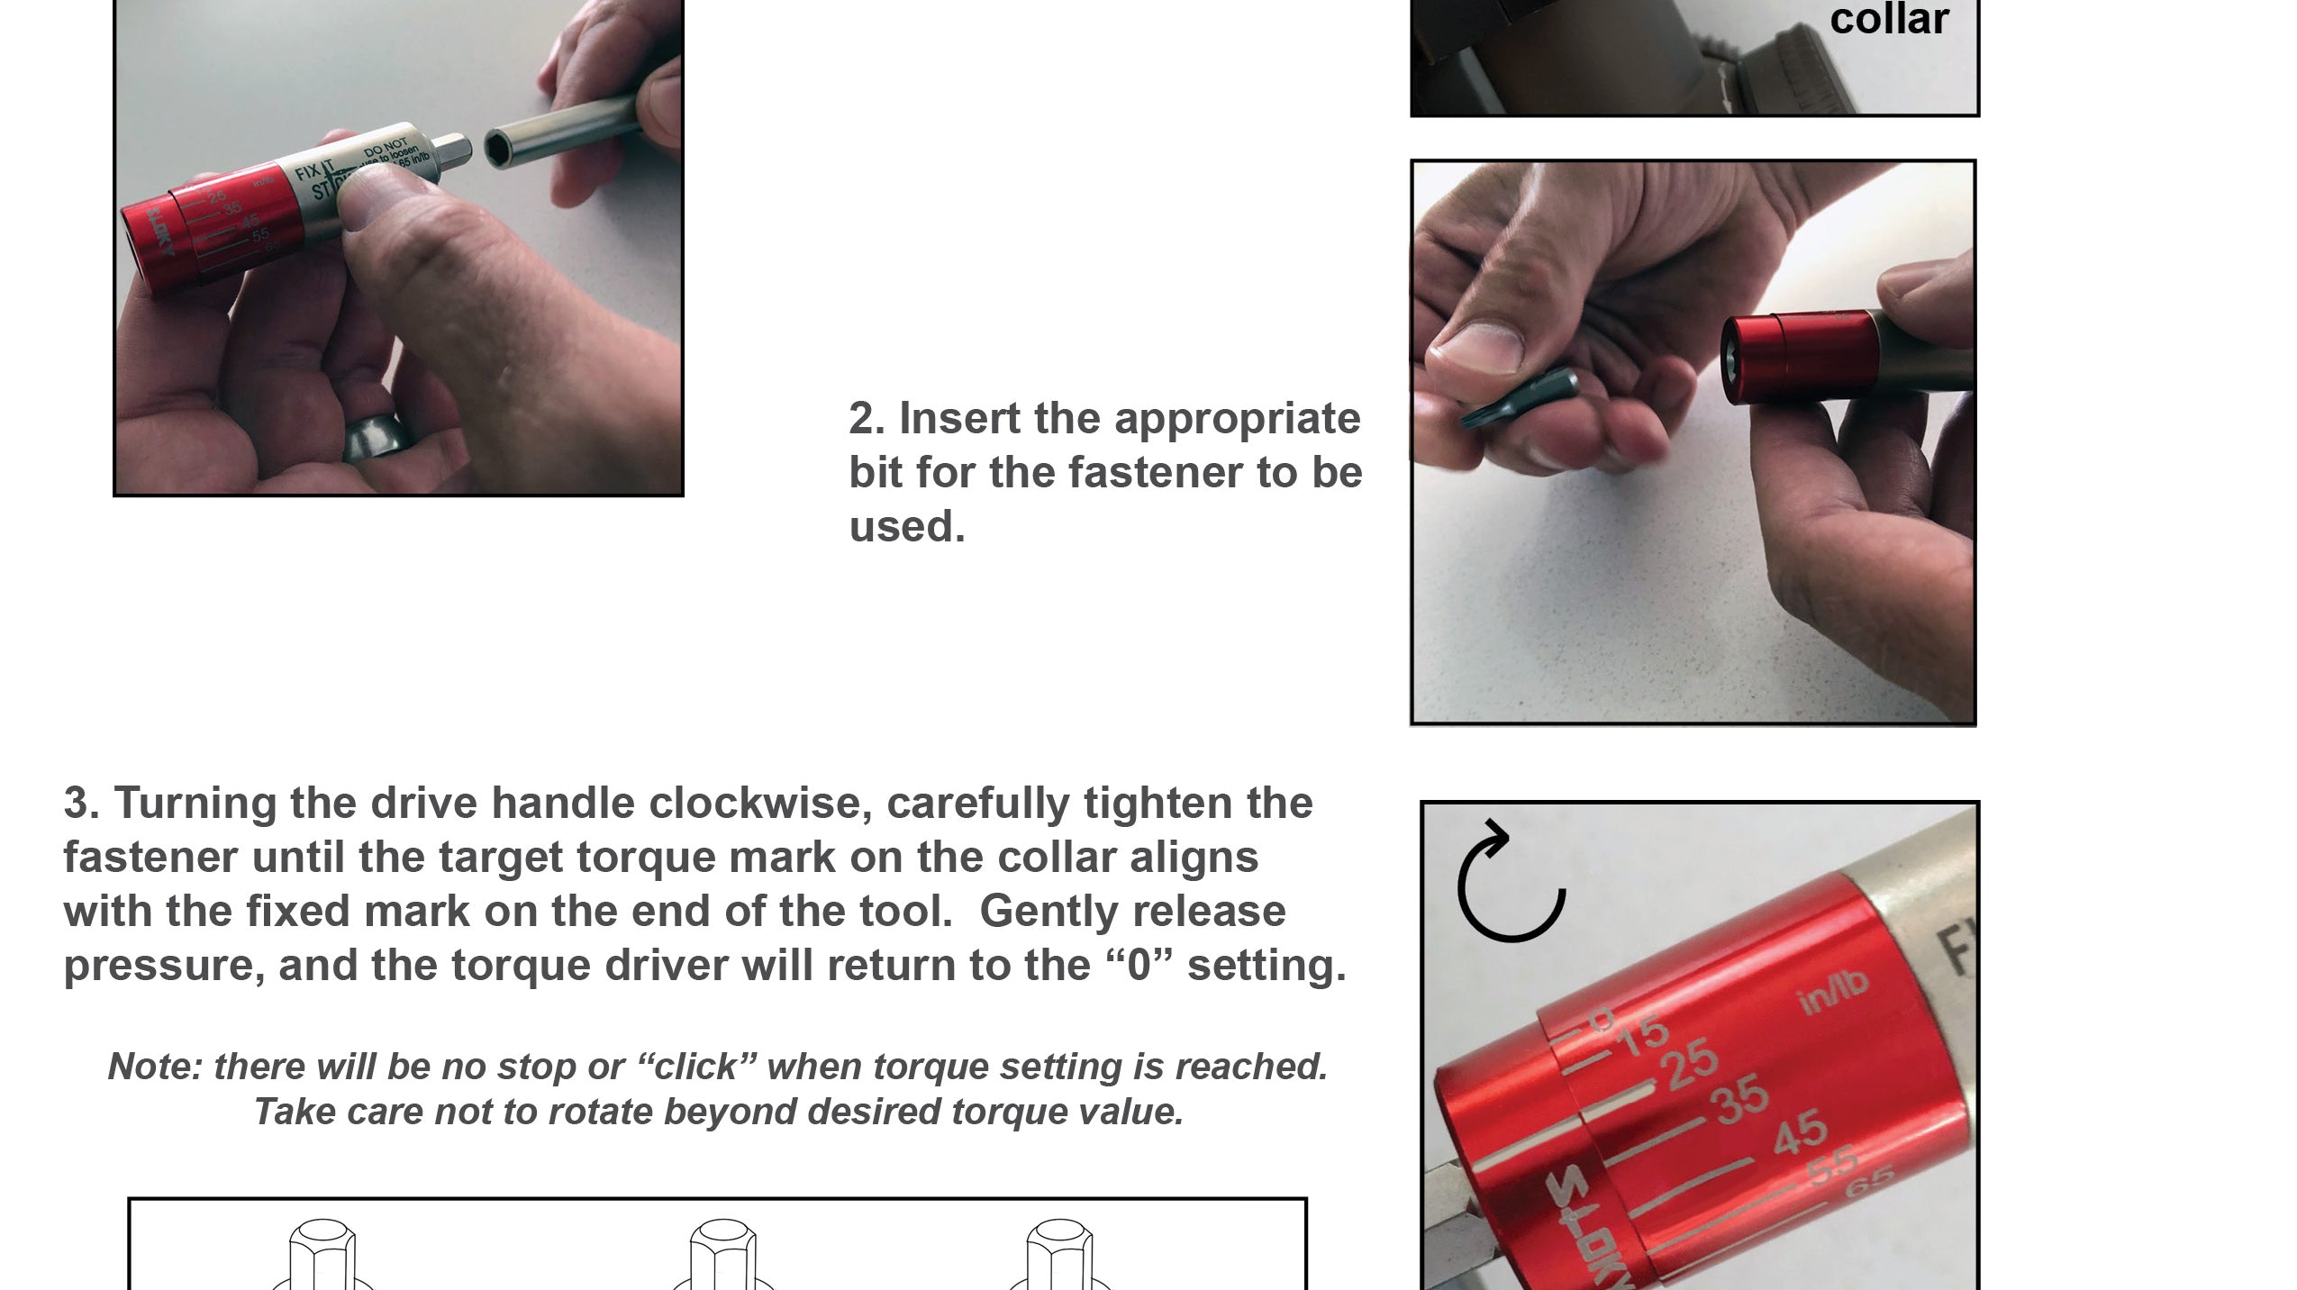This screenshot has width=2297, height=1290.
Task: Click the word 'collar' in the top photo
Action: click(x=1889, y=20)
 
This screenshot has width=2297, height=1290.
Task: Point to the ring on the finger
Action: click(x=378, y=441)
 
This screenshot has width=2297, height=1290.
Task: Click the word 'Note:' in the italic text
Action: click(x=154, y=1067)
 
